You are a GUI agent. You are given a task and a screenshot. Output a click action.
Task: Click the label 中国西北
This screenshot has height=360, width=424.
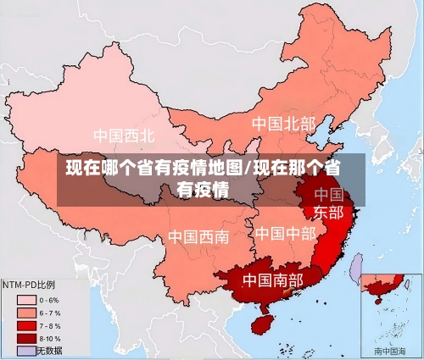pyautogui.click(x=124, y=136)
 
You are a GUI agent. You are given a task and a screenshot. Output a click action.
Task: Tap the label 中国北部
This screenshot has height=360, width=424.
pyautogui.click(x=282, y=125)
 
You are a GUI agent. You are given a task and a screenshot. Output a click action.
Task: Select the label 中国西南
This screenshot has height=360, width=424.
pyautogui.click(x=198, y=236)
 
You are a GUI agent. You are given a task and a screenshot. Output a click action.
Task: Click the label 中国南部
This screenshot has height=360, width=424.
pyautogui.click(x=272, y=279)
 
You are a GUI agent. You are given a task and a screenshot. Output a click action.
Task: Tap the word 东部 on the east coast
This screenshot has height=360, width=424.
pyautogui.click(x=329, y=212)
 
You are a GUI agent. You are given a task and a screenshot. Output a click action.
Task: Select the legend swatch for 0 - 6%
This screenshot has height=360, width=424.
pyautogui.click(x=25, y=299)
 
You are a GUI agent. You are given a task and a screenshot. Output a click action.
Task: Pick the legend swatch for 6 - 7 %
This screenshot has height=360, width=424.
pyautogui.click(x=25, y=312)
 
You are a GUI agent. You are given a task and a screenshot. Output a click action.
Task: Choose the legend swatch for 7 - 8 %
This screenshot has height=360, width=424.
pyautogui.click(x=25, y=325)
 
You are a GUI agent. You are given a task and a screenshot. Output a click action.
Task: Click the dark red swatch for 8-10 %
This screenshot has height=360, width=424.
pyautogui.click(x=25, y=338)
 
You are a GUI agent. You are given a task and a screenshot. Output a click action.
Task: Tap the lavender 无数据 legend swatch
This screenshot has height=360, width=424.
pyautogui.click(x=25, y=350)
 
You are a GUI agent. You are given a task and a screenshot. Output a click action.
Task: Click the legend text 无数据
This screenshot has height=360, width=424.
pyautogui.click(x=50, y=350)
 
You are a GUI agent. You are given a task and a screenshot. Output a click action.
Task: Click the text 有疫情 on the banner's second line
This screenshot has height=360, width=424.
pyautogui.click(x=203, y=189)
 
